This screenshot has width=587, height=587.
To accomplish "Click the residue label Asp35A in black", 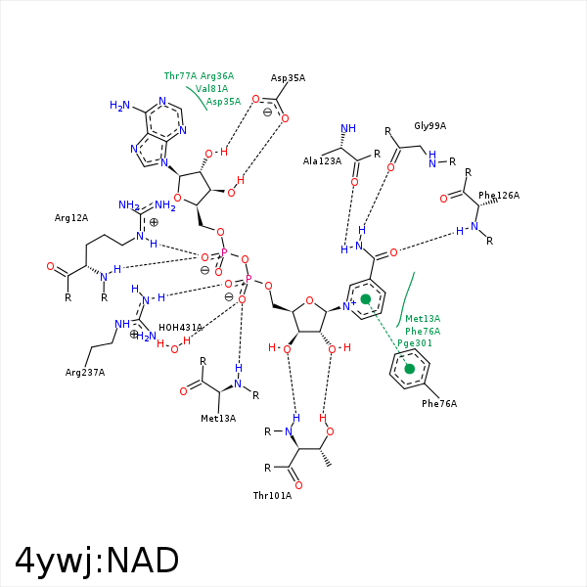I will click(x=288, y=77).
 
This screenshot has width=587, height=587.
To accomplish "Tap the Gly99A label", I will click(x=429, y=125).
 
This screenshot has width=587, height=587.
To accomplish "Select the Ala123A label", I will click(x=322, y=160).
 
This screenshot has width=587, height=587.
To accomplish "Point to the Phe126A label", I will click(x=499, y=196).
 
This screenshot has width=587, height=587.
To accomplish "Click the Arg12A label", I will click(x=71, y=217).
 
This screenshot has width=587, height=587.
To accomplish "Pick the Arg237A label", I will click(x=85, y=372).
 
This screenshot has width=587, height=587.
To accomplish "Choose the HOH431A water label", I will click(x=180, y=328).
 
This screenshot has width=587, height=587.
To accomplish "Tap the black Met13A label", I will click(x=218, y=419).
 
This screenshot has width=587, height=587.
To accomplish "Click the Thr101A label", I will click(x=272, y=495).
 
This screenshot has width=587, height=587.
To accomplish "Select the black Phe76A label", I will click(x=439, y=404).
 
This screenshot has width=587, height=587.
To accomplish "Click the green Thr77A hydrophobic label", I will click(x=180, y=75).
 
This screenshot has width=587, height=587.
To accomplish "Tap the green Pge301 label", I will click(x=415, y=343).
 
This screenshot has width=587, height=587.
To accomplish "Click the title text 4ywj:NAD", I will click(x=97, y=561).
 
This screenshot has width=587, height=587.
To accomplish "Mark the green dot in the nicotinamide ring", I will click(x=365, y=299).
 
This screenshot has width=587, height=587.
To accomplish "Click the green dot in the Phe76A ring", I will click(x=410, y=369).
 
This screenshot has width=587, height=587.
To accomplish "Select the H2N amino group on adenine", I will click(x=121, y=106).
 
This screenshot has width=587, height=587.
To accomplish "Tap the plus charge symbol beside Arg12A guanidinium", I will click(x=154, y=222).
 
